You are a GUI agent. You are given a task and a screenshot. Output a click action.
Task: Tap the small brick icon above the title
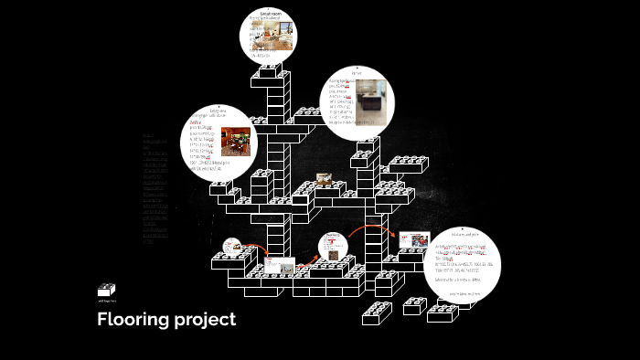(x=107, y=290)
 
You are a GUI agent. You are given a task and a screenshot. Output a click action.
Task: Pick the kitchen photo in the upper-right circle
(x=371, y=98)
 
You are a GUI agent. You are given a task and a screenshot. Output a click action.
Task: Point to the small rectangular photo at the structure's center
(x=323, y=180)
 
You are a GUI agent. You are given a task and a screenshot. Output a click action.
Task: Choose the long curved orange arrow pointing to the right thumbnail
(x=371, y=229)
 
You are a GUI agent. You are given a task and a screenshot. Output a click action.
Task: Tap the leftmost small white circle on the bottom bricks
(x=232, y=247)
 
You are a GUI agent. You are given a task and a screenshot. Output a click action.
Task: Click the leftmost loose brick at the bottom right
(x=377, y=312)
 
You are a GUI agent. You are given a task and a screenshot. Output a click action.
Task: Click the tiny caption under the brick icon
(x=106, y=301)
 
